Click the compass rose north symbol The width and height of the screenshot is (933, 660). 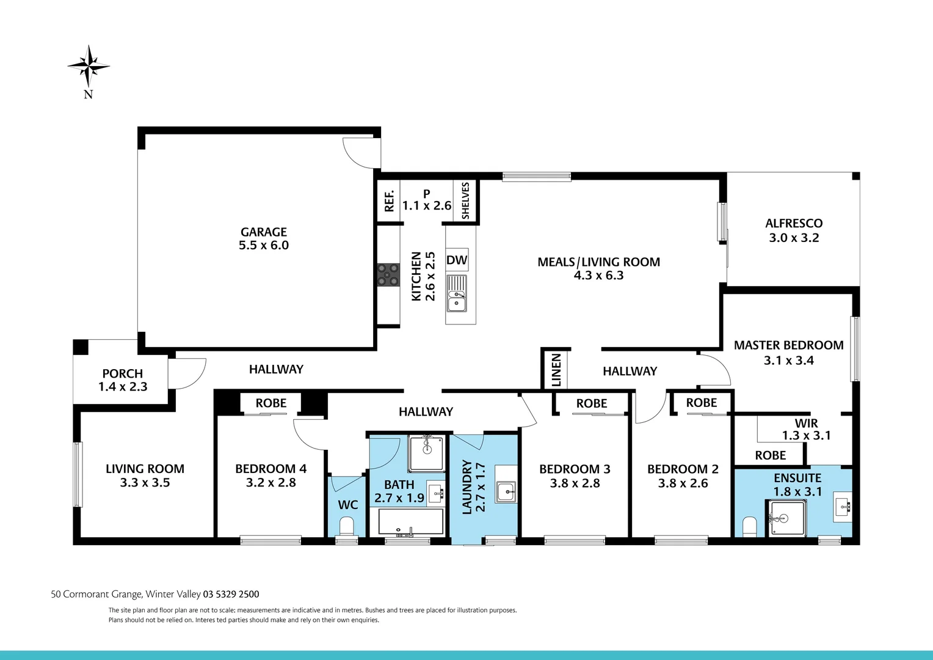[89, 66]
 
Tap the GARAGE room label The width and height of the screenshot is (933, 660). [264, 232]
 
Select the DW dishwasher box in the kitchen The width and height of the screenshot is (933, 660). [457, 260]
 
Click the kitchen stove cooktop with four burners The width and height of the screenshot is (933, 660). [388, 274]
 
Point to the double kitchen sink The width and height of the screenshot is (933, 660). [456, 293]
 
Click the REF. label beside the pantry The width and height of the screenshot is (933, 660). [389, 201]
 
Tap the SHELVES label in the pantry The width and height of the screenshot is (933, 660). [465, 200]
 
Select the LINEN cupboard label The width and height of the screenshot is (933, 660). [556, 369]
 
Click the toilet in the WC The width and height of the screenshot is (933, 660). [347, 526]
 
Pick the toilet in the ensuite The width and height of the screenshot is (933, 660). [749, 526]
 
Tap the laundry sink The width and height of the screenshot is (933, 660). [506, 491]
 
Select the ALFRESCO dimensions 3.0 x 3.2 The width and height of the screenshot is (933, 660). [794, 238]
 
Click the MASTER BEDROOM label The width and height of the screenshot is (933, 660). [788, 345]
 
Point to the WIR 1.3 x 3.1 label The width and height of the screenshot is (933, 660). [806, 430]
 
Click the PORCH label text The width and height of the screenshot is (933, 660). [123, 373]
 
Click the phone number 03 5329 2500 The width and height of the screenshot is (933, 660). [231, 594]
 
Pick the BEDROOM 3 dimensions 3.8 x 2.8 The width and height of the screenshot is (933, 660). [575, 483]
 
